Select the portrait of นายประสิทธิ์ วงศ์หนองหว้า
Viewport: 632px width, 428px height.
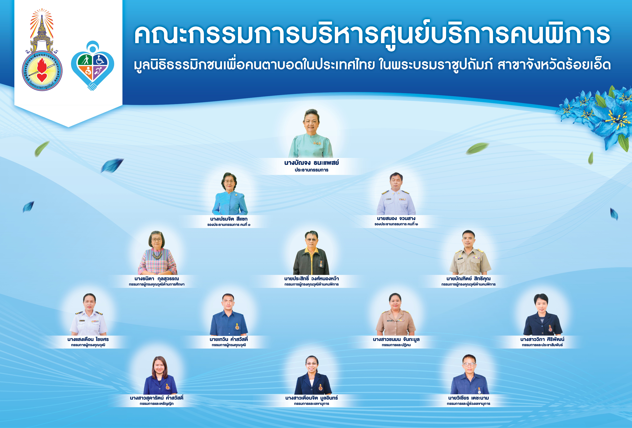point(311,253)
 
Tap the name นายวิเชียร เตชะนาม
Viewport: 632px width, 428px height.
point(468,398)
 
